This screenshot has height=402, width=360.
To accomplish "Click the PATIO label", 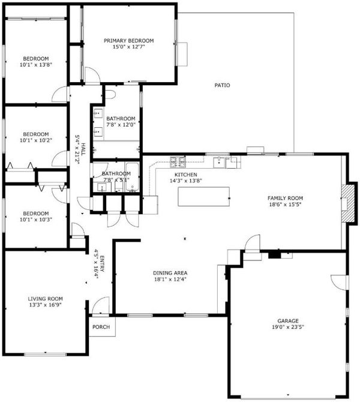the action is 222,85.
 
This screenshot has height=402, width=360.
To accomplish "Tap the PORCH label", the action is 101,327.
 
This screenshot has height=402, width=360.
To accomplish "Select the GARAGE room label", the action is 288,321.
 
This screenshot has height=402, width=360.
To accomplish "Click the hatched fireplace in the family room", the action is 349,203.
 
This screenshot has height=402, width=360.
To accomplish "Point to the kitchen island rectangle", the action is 204,196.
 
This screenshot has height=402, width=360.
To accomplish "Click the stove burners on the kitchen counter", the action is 178,160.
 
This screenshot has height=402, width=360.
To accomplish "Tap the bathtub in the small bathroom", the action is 133,177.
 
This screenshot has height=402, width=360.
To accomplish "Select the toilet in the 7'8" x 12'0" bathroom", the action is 110,94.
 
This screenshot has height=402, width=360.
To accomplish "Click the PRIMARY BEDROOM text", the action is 129,41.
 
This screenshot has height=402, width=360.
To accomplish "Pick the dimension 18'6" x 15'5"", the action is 285,205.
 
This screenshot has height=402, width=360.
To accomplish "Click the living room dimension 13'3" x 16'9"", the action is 45,305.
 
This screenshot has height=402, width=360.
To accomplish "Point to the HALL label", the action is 83,149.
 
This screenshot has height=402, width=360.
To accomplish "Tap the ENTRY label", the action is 102,263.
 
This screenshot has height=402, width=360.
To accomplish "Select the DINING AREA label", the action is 170,273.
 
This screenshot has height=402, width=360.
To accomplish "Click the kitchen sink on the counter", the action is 219,162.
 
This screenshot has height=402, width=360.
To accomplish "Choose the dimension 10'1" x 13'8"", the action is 36,65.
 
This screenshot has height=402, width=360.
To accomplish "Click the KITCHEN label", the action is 186,175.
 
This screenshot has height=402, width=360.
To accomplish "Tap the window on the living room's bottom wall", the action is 45,355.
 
